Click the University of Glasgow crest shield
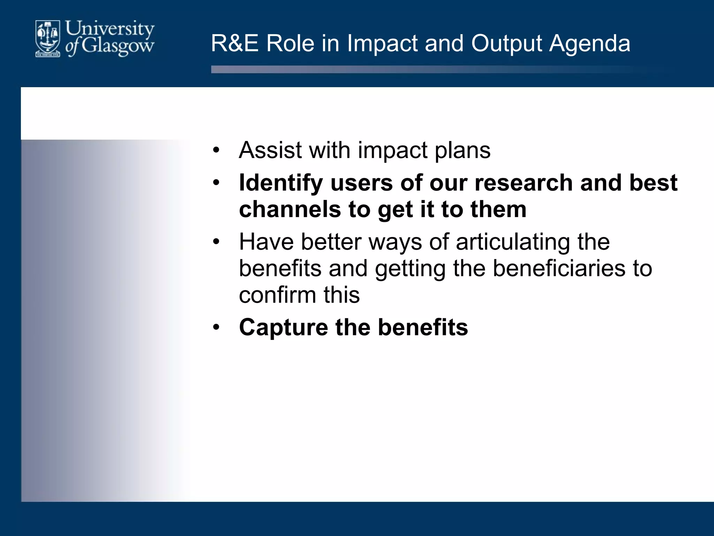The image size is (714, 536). point(48,38)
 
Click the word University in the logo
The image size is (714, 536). point(110,29)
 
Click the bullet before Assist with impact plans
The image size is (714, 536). point(217,150)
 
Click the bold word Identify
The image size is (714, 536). point(281,183)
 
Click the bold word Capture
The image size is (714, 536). point(283,327)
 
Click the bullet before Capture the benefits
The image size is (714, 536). point(217,328)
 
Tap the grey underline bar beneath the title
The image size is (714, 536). point(418,69)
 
